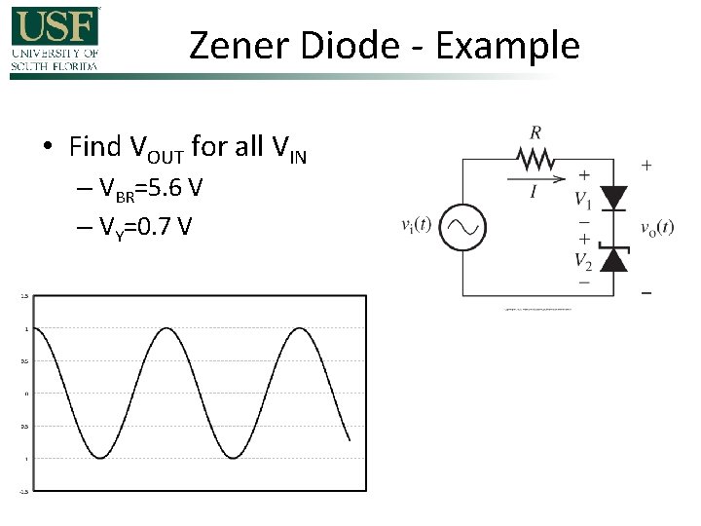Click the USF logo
click(x=55, y=39)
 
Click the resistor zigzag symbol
click(x=534, y=158)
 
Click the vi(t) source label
click(x=421, y=227)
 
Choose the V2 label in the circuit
click(x=583, y=260)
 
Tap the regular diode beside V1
click(x=613, y=198)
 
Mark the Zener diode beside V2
click(x=613, y=258)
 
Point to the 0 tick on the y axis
click(x=27, y=394)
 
